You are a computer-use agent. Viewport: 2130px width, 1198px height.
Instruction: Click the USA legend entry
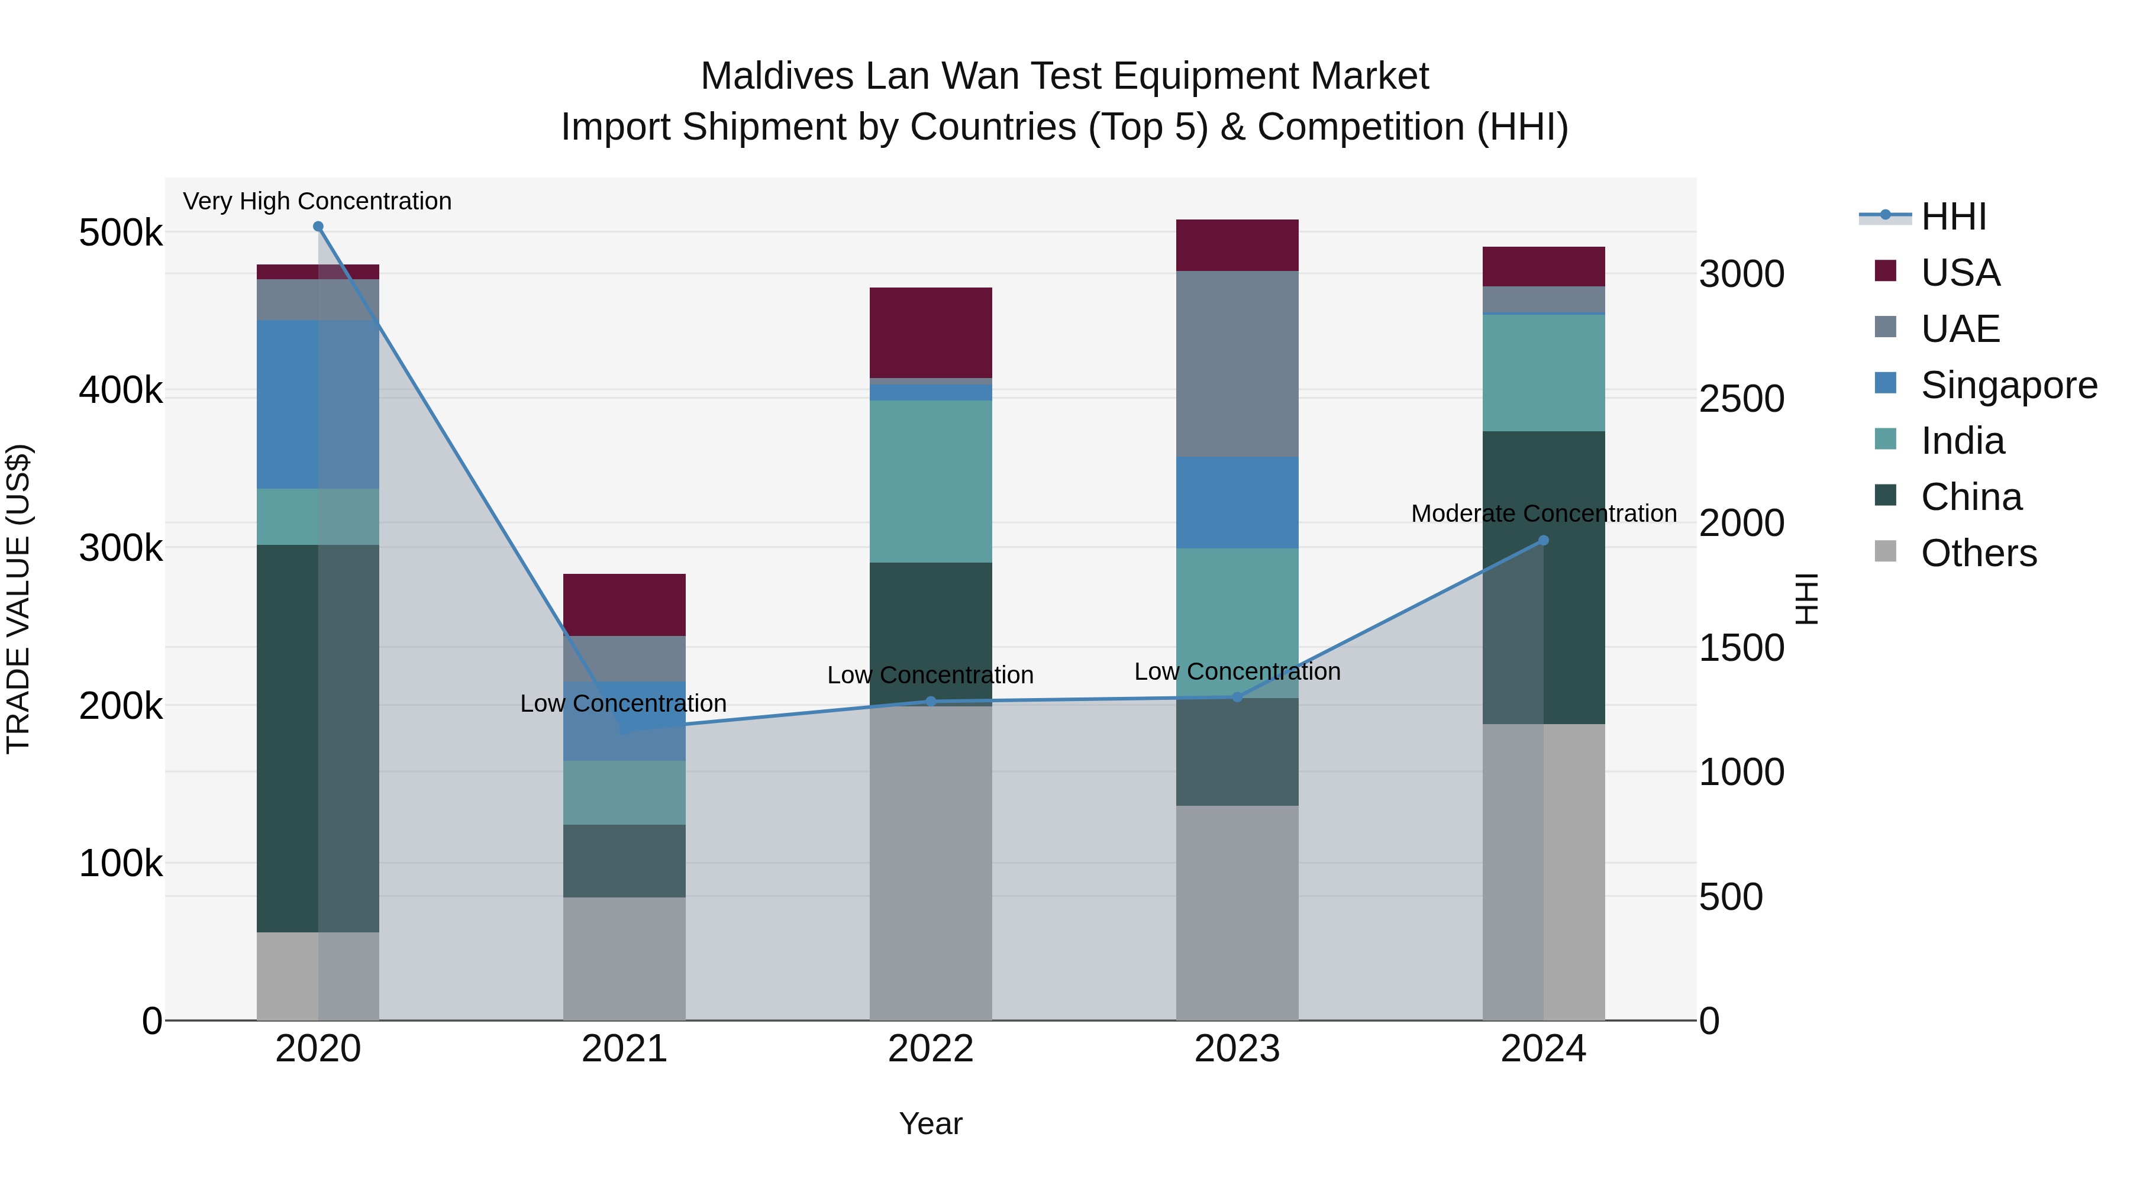point(1960,273)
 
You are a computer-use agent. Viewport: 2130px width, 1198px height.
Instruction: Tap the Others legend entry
point(1979,553)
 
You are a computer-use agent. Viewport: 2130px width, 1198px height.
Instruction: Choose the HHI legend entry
point(1953,217)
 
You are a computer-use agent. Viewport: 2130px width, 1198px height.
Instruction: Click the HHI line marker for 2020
point(318,227)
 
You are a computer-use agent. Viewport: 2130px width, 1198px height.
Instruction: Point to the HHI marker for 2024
point(1543,541)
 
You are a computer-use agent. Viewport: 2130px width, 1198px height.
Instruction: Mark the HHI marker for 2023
point(1237,697)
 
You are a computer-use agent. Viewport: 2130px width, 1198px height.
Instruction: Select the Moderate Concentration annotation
point(1543,514)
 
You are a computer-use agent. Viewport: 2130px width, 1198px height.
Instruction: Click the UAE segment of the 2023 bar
point(1237,364)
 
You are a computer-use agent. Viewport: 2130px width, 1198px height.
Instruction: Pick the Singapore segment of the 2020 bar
point(318,404)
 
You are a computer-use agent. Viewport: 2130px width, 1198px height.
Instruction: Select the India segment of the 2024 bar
point(1543,373)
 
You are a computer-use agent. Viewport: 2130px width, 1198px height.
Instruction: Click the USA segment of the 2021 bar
point(624,605)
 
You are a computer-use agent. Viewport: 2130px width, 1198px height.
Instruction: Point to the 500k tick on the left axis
point(121,233)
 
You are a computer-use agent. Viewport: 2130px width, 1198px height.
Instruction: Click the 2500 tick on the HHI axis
point(1741,399)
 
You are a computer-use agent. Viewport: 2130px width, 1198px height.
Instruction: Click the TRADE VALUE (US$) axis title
point(18,599)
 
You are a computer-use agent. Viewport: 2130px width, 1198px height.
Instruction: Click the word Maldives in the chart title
point(776,76)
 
